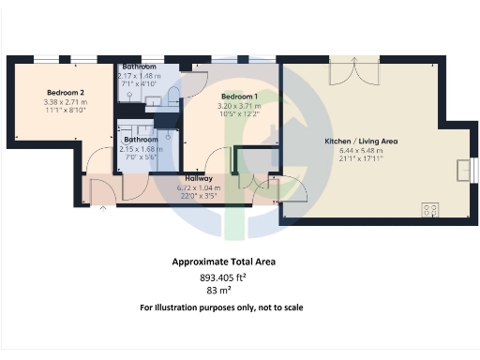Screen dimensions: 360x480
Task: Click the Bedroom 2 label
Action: coord(66,92)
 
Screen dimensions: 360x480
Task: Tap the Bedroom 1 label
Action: coord(239,97)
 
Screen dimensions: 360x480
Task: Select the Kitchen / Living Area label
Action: coord(361,141)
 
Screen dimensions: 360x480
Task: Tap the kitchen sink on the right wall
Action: coord(462,170)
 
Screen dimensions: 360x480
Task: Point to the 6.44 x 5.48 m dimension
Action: coord(361,150)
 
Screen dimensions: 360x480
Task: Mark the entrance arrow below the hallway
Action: coord(102,208)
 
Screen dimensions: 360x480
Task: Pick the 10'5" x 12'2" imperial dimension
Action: coord(239,113)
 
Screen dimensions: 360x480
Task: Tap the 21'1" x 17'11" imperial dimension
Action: coord(361,158)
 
